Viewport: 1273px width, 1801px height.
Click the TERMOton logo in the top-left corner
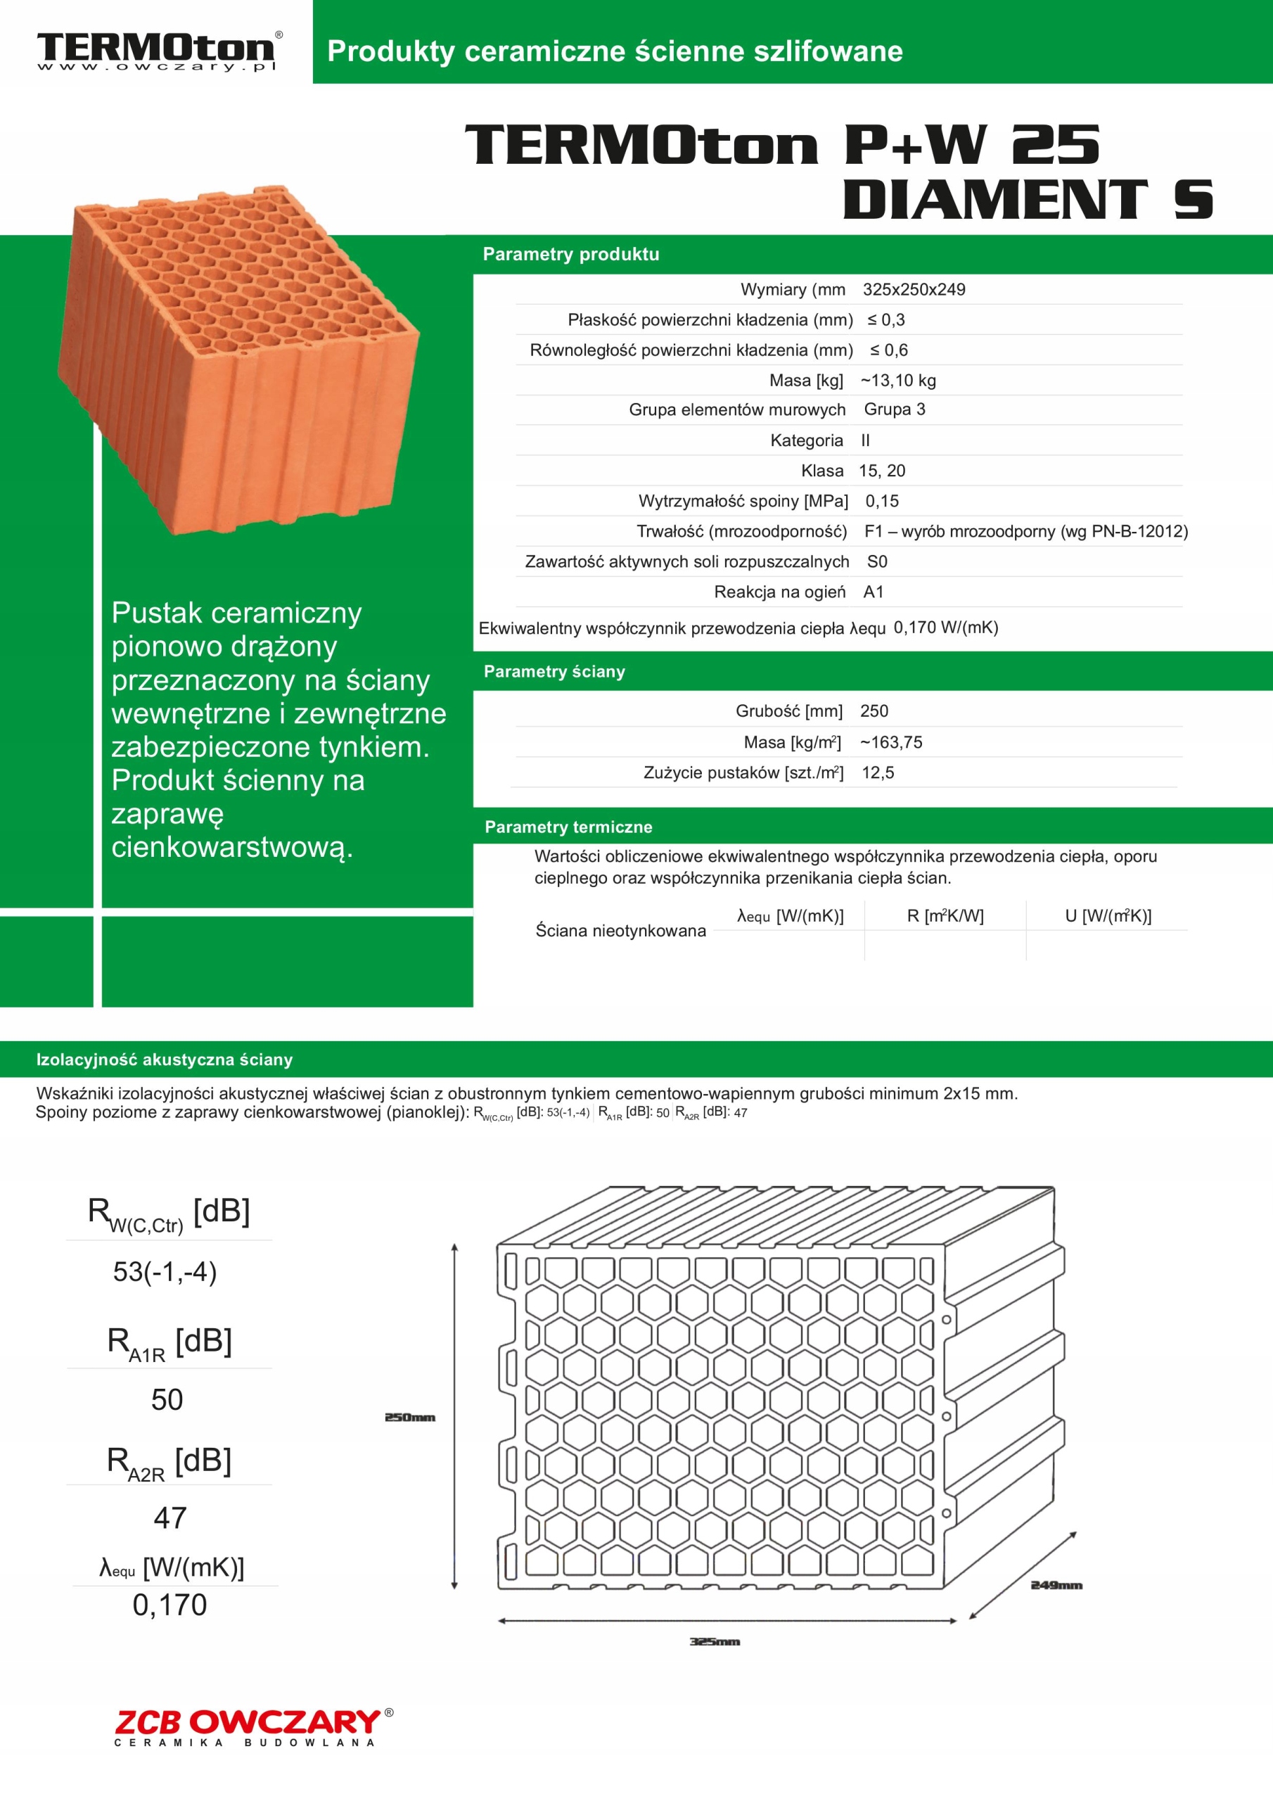[157, 51]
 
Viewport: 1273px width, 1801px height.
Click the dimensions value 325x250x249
[914, 289]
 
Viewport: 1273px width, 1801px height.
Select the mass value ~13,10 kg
[898, 381]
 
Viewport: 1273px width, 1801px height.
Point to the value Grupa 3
[894, 409]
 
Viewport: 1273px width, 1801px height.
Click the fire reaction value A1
[873, 592]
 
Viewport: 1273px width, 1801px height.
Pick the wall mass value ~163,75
[891, 742]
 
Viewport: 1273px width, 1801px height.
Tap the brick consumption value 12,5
[878, 772]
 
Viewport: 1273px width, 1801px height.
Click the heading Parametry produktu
[571, 254]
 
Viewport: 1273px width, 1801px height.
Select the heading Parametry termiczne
[569, 827]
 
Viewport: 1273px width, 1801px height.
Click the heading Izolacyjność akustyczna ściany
[165, 1059]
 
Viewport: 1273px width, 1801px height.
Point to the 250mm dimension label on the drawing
[409, 1418]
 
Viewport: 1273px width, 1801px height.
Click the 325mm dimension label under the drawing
[715, 1642]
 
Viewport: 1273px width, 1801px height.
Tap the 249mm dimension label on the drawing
[1056, 1585]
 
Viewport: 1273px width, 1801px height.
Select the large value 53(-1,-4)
[165, 1271]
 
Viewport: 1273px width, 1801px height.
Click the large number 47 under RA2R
[170, 1517]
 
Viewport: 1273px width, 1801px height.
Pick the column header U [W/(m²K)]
[1108, 915]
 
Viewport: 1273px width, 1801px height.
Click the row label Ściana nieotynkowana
[620, 931]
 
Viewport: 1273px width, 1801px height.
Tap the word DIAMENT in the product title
[994, 199]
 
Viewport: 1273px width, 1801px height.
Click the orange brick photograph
[239, 361]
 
